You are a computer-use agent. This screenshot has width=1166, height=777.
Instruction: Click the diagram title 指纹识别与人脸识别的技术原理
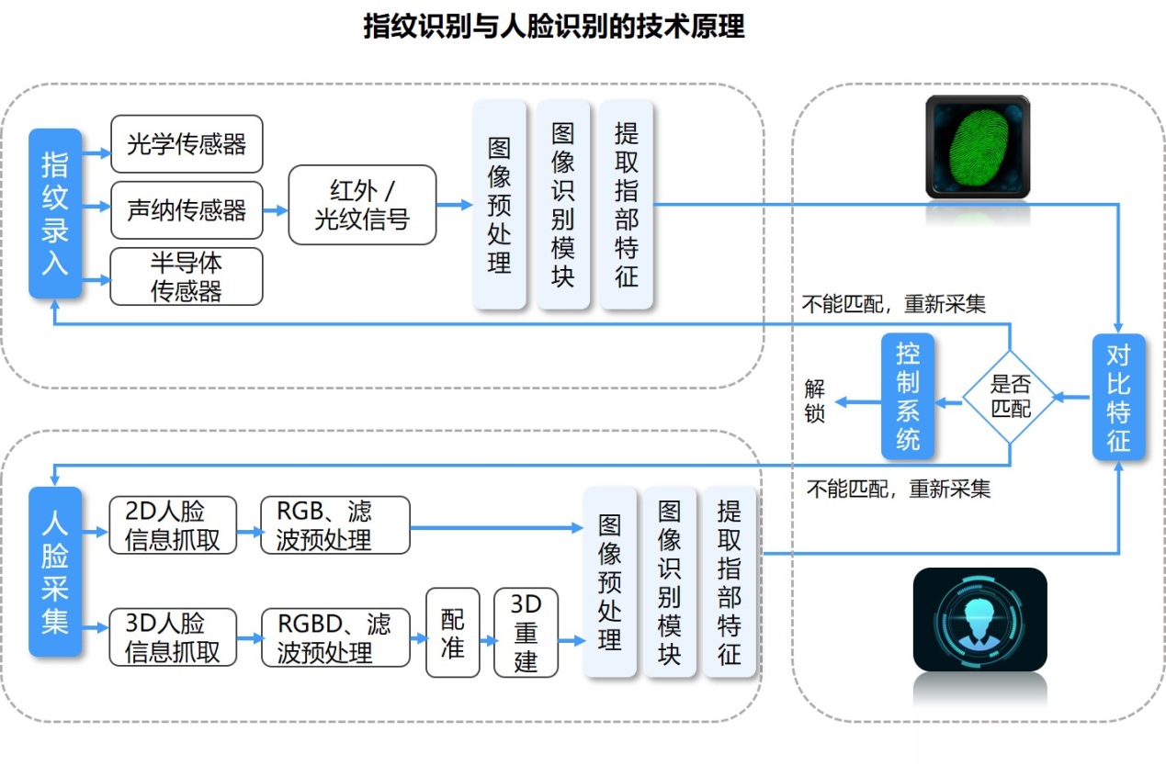point(553,27)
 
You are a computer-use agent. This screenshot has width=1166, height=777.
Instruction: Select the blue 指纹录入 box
point(55,213)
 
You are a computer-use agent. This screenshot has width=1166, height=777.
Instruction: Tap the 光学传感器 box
point(187,144)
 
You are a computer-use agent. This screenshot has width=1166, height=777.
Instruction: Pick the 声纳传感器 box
point(187,210)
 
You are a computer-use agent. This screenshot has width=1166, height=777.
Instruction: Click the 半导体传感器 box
point(187,276)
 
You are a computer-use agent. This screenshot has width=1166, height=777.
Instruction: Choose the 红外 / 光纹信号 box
point(362,205)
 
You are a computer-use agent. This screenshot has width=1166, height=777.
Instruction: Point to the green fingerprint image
point(978,147)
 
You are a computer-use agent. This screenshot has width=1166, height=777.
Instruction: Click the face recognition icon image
point(979,619)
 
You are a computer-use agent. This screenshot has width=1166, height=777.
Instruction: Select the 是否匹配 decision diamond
point(1011,397)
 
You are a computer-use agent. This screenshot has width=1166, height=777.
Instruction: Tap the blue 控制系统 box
point(908,397)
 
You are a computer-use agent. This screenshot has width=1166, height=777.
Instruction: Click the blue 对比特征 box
point(1118,397)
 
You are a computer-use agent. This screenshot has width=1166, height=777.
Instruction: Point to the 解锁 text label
point(815,400)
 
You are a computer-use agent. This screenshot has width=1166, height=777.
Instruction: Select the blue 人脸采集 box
point(55,571)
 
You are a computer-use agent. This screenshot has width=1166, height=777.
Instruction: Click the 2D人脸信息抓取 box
point(172,525)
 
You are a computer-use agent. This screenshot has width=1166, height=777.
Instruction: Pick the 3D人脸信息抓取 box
point(172,637)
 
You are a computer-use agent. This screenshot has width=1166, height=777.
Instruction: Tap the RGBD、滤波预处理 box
point(334,637)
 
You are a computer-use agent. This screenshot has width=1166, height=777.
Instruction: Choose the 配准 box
point(453,633)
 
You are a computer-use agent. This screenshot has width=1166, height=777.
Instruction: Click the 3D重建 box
point(526,633)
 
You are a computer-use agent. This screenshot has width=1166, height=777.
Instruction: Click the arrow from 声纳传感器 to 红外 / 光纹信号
point(276,210)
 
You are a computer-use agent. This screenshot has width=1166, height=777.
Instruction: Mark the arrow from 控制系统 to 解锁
point(856,400)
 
